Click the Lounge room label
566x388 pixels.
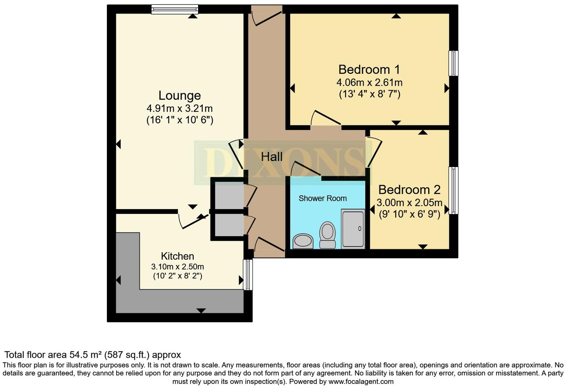pyautogui.click(x=179, y=95)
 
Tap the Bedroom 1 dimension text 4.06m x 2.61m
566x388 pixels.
pyautogui.click(x=369, y=82)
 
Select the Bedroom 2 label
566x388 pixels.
pyautogui.click(x=409, y=190)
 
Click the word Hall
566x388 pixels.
pyautogui.click(x=271, y=157)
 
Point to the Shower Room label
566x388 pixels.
pyautogui.click(x=322, y=198)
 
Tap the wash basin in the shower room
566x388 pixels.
pyautogui.click(x=303, y=241)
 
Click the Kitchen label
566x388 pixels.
pyautogui.click(x=177, y=256)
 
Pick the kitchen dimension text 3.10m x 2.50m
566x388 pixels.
pyautogui.click(x=177, y=267)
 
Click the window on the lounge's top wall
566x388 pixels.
pyautogui.click(x=175, y=9)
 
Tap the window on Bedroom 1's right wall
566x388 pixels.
pyautogui.click(x=453, y=63)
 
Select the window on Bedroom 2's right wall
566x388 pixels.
pyautogui.click(x=453, y=190)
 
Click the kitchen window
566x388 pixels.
pyautogui.click(x=248, y=275)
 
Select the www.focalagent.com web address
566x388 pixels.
pyautogui.click(x=360, y=382)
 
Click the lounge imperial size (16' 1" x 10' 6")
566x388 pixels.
pyautogui.click(x=179, y=120)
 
